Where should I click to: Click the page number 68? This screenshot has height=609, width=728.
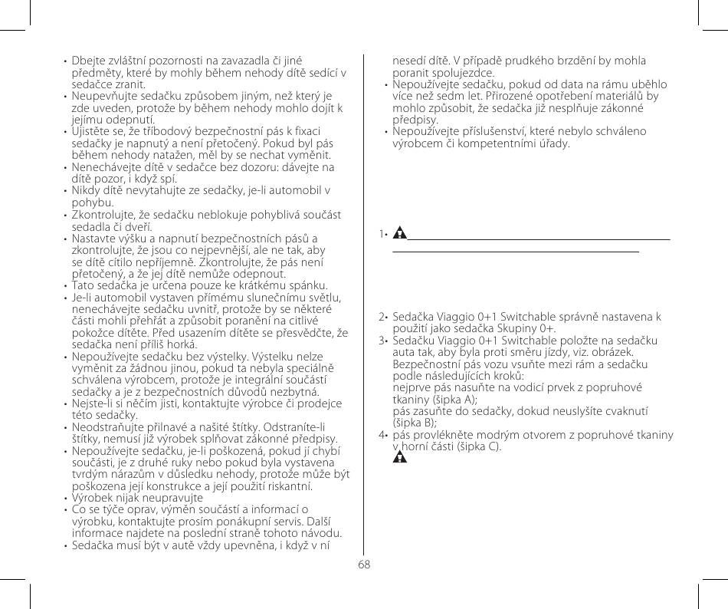coord(363,564)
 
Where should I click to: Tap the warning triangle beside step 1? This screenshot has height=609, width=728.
coord(398,234)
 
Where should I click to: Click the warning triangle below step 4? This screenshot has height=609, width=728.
coord(398,459)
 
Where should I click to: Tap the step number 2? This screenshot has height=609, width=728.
coord(383,317)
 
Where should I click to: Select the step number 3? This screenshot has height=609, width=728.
coord(383,339)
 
